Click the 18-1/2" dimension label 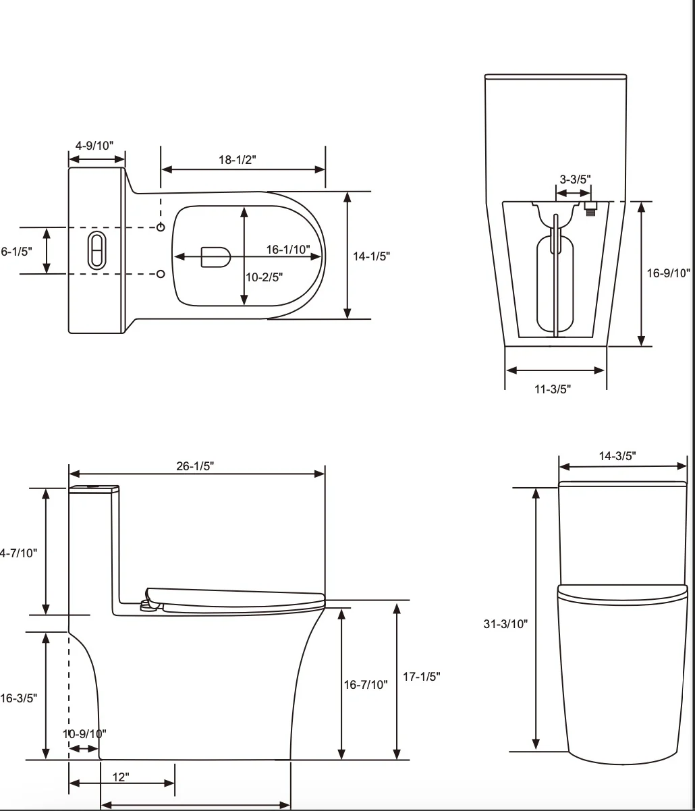[x=237, y=159]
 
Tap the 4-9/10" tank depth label [x=94, y=145]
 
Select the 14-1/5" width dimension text [x=372, y=256]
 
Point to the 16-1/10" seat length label [x=288, y=249]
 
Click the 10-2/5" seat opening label [x=264, y=276]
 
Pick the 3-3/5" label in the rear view [x=575, y=179]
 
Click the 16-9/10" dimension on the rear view [x=669, y=273]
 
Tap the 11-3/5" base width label [x=553, y=389]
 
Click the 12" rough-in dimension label [x=121, y=777]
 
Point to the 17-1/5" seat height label [x=422, y=677]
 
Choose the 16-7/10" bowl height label [x=366, y=684]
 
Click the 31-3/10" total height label [x=505, y=624]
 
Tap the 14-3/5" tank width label [x=617, y=456]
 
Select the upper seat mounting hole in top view [x=161, y=227]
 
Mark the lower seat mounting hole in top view [x=161, y=273]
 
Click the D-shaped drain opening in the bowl [x=216, y=256]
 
